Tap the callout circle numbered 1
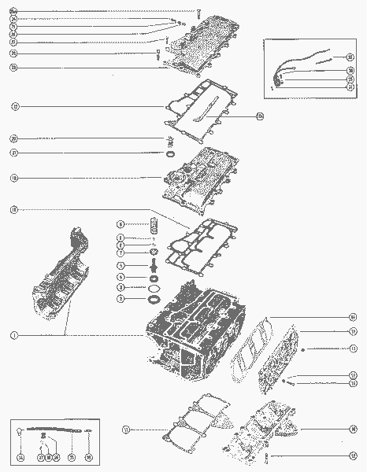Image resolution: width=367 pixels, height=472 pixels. click(x=14, y=335)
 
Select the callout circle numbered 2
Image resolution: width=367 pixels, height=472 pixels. click(x=120, y=299)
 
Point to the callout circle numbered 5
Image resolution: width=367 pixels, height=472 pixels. click(x=120, y=266)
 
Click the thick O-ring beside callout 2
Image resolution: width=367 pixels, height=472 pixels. click(x=154, y=299)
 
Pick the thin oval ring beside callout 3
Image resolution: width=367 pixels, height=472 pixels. click(x=154, y=288)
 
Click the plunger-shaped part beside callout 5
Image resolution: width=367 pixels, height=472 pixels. click(x=154, y=266)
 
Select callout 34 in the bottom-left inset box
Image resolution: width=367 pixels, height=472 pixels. click(x=20, y=456)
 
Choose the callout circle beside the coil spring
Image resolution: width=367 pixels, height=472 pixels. click(x=120, y=224)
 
